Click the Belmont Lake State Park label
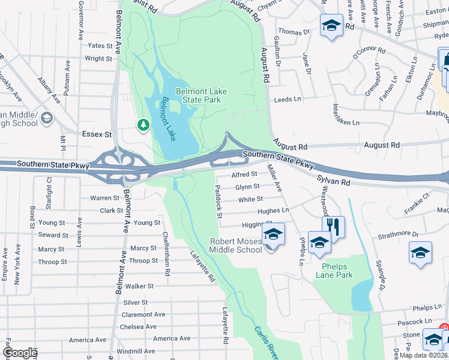point(201,95)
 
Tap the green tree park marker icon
point(143,124)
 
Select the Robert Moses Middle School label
point(236,245)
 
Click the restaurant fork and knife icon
point(333,227)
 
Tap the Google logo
point(19,353)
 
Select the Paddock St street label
point(218,202)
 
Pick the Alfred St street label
point(244,174)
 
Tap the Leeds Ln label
point(287,100)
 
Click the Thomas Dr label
point(294,31)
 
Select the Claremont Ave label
point(143,314)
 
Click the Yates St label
point(100,45)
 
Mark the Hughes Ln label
point(273,211)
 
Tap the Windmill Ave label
point(136,351)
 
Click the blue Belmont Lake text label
point(166,119)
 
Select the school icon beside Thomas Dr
point(330,26)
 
